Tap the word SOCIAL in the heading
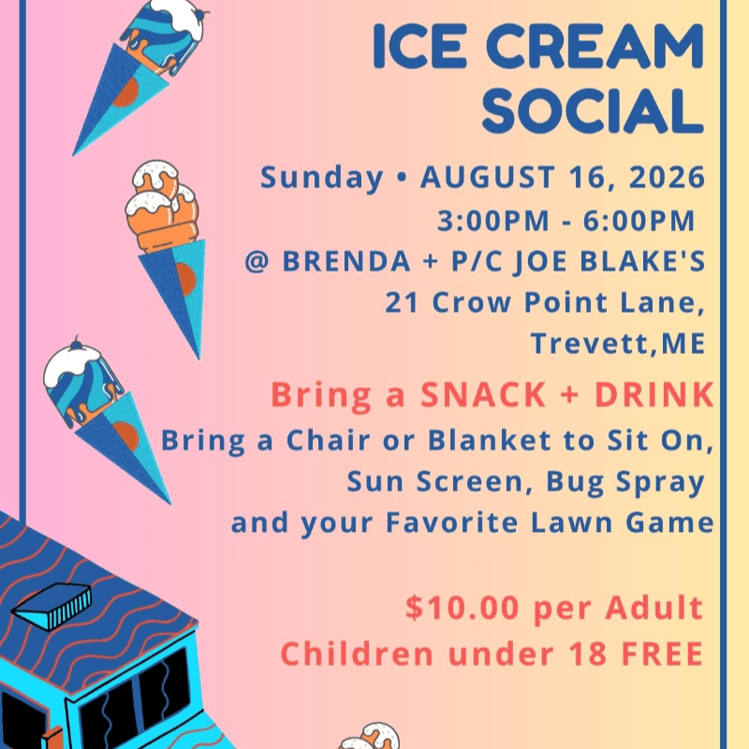[593, 110]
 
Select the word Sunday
[321, 178]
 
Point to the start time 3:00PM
[493, 221]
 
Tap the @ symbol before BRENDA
[257, 262]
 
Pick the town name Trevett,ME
[618, 344]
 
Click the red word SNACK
[483, 394]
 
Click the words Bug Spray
[625, 482]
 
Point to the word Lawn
[572, 522]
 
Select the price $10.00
[462, 607]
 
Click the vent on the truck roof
[51, 604]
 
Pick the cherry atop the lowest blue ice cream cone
[76, 343]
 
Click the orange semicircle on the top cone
[126, 92]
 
